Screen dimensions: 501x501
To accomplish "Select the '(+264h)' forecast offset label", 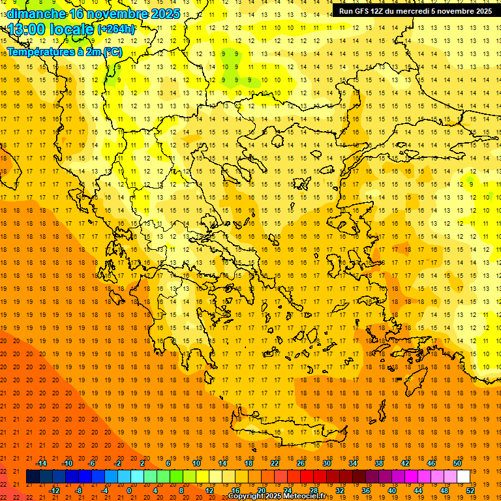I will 116,29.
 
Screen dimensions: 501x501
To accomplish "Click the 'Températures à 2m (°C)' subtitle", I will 64,52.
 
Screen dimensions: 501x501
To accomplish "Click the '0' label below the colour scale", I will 130,491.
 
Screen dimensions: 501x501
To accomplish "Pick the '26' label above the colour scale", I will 301,463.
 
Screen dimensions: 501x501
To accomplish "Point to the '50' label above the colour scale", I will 457,463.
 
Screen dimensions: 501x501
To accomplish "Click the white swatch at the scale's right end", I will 463,477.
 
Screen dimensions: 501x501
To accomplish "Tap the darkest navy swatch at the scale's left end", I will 33,477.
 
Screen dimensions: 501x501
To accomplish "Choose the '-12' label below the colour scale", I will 54,491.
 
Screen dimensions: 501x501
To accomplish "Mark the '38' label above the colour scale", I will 379,463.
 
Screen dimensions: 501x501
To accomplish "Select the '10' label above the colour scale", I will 196,463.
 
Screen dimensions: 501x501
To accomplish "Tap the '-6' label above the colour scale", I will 93,463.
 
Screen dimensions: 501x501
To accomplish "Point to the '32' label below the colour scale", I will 339,491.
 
